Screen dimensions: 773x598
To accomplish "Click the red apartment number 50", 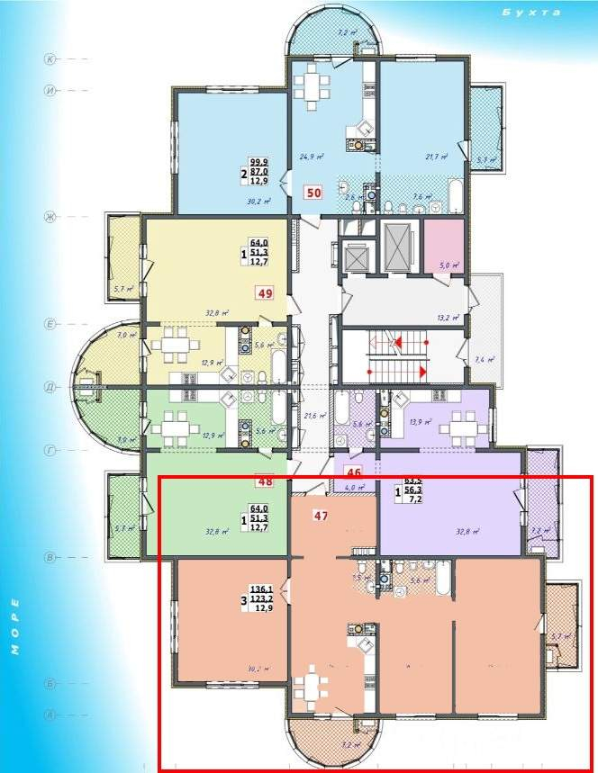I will (x=313, y=192).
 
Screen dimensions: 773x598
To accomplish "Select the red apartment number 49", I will (x=265, y=292).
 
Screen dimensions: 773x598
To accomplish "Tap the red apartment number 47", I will (x=320, y=516).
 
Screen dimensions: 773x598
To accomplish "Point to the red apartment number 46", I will (x=354, y=471).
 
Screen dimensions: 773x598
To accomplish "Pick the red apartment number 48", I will (x=265, y=481).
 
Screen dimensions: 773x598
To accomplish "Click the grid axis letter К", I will (x=51, y=59).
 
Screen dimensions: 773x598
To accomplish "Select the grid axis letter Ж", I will (x=51, y=217).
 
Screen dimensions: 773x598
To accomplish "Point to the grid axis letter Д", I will (x=51, y=387).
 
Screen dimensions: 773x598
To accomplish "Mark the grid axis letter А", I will (x=51, y=715).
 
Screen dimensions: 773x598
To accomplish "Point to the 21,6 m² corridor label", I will (x=314, y=415).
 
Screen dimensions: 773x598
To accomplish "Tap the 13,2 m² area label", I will (x=448, y=318).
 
